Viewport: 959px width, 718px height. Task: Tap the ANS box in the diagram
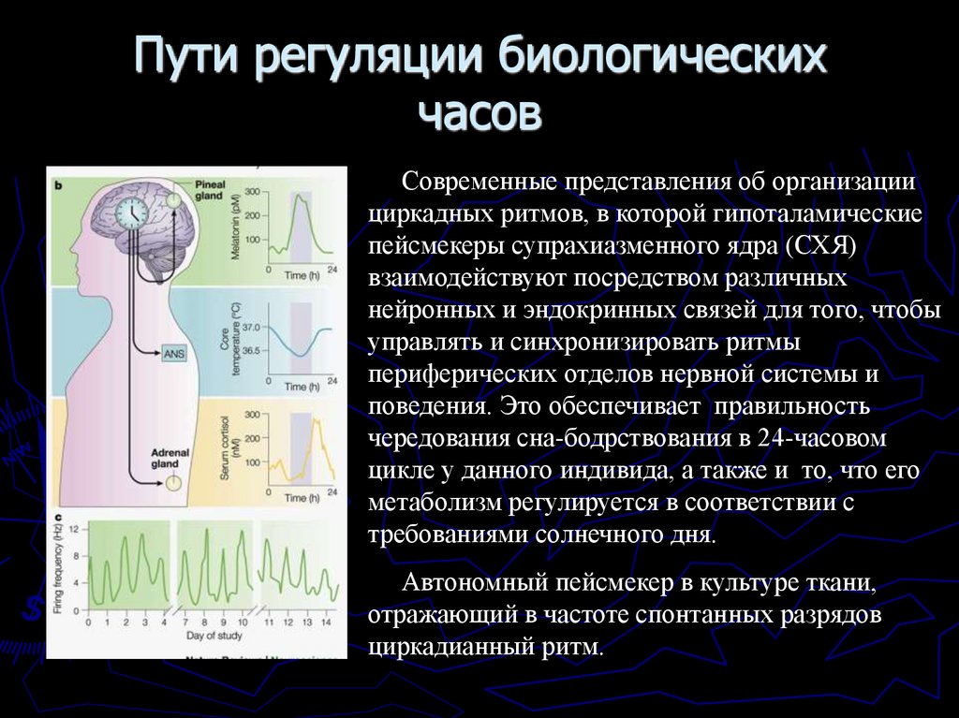[174, 353]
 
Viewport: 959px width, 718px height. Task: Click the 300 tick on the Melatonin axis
[252, 192]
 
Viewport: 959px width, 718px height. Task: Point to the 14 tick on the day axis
[325, 622]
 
